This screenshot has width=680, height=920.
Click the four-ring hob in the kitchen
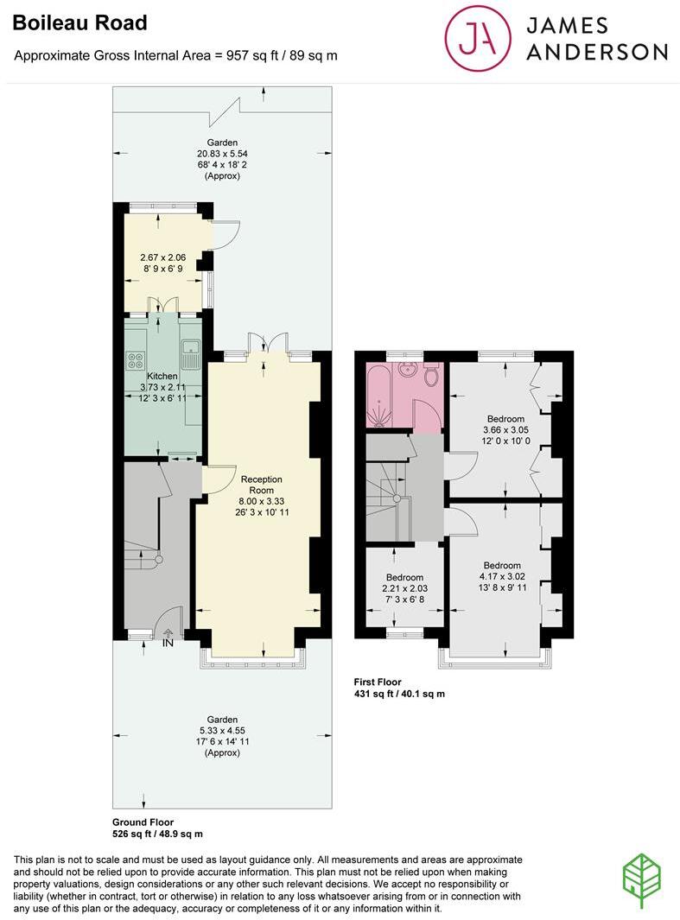[136, 360]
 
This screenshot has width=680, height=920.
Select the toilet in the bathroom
[431, 374]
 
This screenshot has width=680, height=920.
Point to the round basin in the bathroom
[409, 373]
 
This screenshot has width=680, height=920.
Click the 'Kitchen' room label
[162, 377]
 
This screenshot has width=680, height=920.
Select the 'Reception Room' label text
[262, 485]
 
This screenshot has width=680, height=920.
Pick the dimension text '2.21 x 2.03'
[404, 588]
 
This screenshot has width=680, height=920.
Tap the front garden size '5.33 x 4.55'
[222, 730]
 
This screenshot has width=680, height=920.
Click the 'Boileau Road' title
[79, 23]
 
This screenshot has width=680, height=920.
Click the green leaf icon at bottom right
[642, 880]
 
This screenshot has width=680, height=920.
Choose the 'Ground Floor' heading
[143, 822]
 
